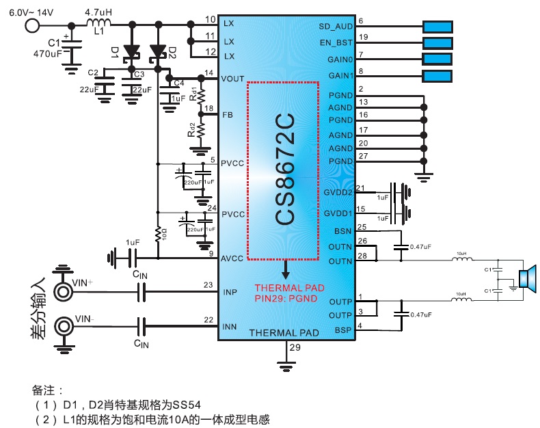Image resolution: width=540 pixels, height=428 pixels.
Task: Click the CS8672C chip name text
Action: pos(285,170)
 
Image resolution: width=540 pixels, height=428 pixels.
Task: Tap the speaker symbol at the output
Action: pos(527,278)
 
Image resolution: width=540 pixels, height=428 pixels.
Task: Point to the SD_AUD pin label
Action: pos(336,25)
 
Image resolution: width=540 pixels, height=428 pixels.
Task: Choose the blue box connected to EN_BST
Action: pos(437,43)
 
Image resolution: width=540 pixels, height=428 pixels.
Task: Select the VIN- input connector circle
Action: pos(64,325)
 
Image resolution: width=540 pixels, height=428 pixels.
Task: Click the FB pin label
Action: pos(228,115)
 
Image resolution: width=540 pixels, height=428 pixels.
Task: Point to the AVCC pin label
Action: pos(234,258)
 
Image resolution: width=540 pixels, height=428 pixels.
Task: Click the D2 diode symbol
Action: pos(159,51)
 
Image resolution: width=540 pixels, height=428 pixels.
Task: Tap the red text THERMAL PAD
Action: pos(289,287)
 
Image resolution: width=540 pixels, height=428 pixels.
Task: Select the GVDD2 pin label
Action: pos(338,193)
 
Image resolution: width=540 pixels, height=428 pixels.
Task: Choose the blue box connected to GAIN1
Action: pos(437,75)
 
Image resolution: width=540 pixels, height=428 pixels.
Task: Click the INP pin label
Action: pos(230,293)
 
